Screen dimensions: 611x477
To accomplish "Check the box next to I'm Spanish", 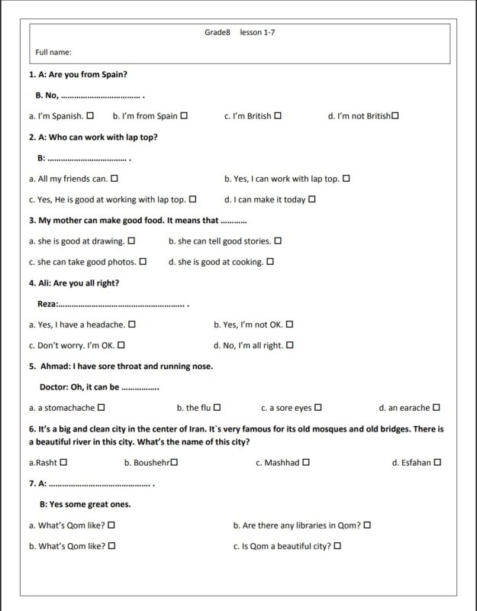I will coord(91,116).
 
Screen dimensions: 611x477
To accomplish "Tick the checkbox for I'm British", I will coord(278,116).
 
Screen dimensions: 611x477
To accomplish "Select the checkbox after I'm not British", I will coord(395,116).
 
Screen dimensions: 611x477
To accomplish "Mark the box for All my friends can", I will coord(114,179).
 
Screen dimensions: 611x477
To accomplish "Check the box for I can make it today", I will coord(312,199).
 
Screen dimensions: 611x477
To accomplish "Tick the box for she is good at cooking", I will coord(270,262).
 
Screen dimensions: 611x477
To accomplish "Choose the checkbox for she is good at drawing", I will coord(131,241).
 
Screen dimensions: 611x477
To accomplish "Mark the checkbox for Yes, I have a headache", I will coord(133,325).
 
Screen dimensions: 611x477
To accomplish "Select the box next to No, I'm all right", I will coord(290,345).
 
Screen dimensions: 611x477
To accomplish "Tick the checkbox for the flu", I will coord(218,408).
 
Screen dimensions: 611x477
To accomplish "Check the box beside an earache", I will coord(437,408).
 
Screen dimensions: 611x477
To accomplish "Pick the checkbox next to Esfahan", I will coord(437,463).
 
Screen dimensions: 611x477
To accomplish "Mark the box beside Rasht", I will coord(63,463).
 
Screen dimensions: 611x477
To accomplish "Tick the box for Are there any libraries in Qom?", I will coord(367,525).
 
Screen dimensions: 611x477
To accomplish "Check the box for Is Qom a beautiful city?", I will coord(337,546).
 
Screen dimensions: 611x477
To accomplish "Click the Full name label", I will coord(53,52).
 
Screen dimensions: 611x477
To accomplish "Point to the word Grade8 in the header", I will coord(218,33).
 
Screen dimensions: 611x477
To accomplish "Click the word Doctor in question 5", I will coord(53,386).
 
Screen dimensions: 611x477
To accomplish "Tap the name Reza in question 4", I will coord(47,304).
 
